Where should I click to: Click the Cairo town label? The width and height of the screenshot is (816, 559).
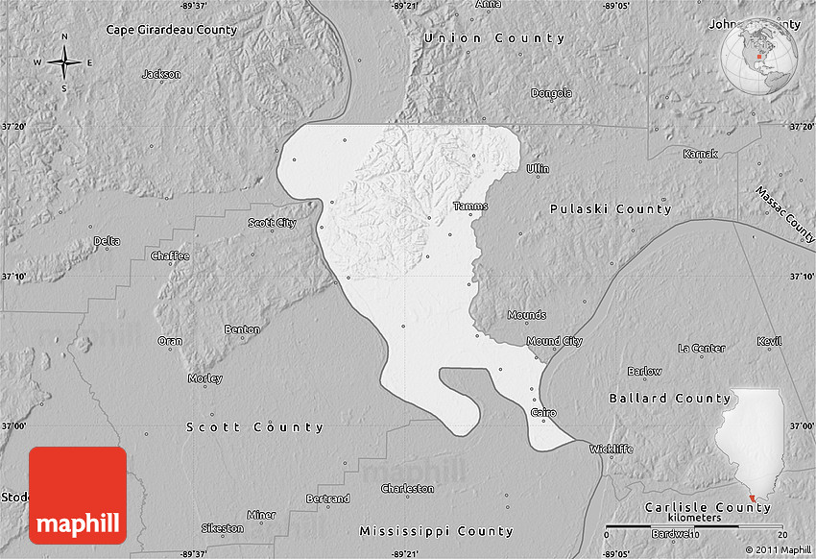[542, 411]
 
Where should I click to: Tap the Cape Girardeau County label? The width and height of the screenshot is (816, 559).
[171, 30]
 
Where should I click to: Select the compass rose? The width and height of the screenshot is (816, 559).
[64, 63]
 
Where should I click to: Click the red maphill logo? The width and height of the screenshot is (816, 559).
[78, 496]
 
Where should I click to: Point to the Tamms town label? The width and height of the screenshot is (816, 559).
[470, 206]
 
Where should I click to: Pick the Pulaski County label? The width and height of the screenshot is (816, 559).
[611, 208]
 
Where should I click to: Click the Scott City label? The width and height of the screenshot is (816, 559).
[272, 222]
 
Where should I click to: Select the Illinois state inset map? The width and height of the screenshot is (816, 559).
[755, 447]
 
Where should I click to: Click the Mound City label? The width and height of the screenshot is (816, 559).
[554, 341]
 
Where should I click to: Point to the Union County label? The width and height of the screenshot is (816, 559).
[494, 37]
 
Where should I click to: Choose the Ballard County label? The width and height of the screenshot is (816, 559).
[669, 398]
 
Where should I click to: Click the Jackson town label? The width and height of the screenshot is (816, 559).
[160, 74]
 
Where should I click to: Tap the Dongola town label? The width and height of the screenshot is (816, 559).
[551, 93]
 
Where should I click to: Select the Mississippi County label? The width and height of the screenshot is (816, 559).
[436, 531]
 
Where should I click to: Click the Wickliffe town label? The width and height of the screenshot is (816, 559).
[612, 449]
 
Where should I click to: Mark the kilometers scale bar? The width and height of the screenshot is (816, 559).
[696, 526]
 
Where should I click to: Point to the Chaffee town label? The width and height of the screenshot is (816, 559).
[170, 255]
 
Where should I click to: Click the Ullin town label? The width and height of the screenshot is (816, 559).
[538, 168]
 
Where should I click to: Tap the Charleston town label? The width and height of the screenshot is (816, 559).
[407, 488]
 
